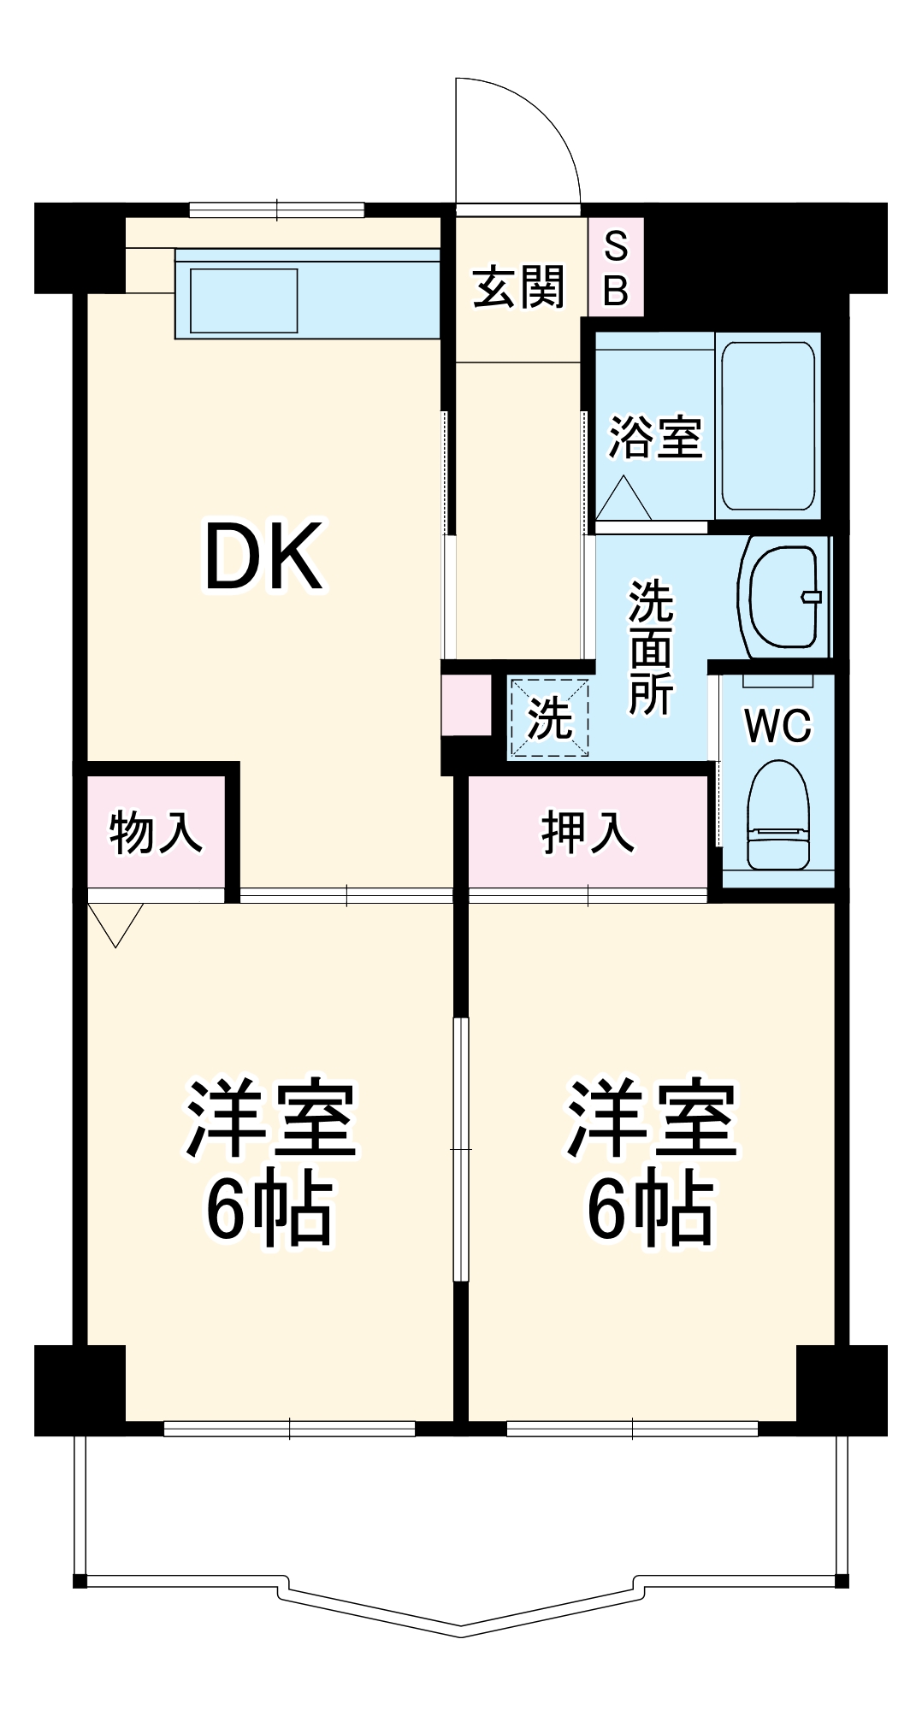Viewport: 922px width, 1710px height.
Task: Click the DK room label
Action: coord(263,557)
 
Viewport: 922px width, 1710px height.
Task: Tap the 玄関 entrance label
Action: coord(518,287)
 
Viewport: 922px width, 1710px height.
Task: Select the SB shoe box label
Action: coord(616,268)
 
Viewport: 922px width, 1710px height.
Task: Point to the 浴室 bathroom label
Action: coord(654,437)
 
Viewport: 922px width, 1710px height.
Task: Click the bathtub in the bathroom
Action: coord(767,426)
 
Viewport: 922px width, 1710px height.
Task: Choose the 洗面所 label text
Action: coord(651,647)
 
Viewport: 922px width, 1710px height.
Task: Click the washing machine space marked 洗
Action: coord(549,717)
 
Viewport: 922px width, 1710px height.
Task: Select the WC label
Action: coord(777,726)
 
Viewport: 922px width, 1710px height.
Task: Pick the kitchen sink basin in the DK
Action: coord(244,300)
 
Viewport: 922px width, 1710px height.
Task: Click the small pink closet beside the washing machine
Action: coord(466,705)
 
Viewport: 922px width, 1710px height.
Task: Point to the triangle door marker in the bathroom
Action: coord(623,499)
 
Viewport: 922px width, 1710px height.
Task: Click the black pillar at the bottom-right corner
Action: coord(842,1389)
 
